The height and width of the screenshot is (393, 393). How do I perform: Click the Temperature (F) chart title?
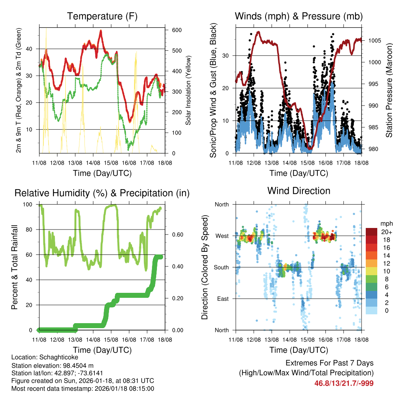pos(102,16)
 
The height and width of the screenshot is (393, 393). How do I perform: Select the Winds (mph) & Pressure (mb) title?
pos(299,16)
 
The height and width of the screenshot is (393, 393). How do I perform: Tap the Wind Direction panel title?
pos(299,191)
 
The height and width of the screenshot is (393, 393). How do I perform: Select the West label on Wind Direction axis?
pos(221,236)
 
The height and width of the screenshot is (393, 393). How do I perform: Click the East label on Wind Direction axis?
pos(222,299)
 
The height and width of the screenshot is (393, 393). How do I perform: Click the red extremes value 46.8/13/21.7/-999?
pos(344,383)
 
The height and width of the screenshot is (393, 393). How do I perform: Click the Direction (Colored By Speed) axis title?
pos(205,267)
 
